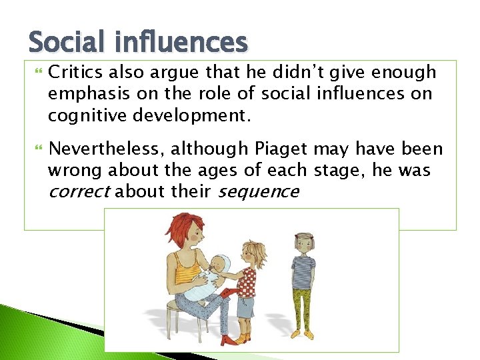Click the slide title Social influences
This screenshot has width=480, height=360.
pyautogui.click(x=138, y=43)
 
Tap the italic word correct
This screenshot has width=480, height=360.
pyautogui.click(x=79, y=192)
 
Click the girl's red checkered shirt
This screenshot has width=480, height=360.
pyautogui.click(x=248, y=280)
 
